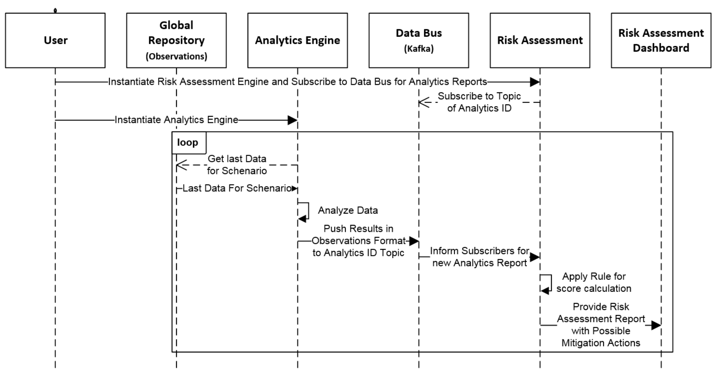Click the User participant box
coord(55,40)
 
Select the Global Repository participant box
coord(176,40)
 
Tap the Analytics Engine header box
coord(297,40)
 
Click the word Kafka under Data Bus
coord(419,49)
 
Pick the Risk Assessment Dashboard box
coord(661,40)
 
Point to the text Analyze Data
coord(348,210)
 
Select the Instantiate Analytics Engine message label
coord(176,120)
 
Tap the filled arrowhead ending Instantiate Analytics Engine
coord(292,120)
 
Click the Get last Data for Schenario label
coord(237,165)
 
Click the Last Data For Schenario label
coord(237,188)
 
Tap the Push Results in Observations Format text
coord(358,241)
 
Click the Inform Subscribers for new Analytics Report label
coord(480,257)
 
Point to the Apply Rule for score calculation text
coord(594,282)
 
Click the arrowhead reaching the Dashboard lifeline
coord(656,325)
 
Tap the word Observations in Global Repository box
coord(176,56)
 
